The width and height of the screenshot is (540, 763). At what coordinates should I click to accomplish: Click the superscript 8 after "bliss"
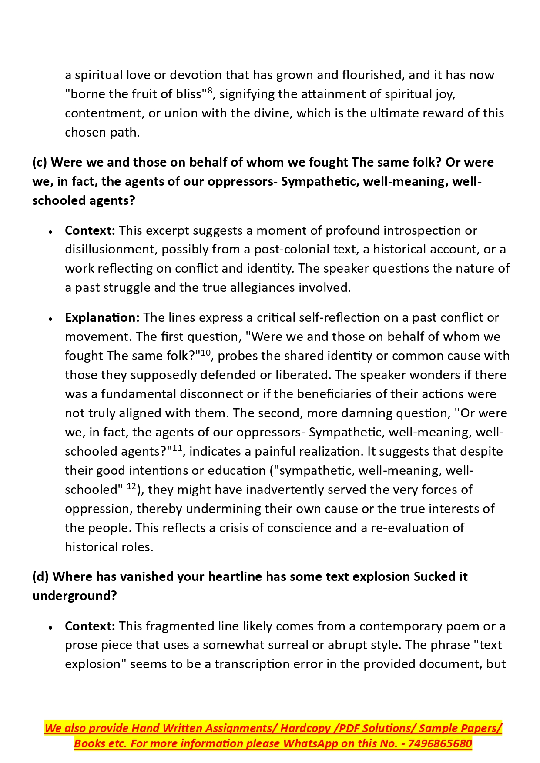(x=210, y=90)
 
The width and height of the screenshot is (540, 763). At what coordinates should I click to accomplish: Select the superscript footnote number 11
(x=178, y=448)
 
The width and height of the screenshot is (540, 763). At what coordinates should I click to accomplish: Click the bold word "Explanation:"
(x=102, y=317)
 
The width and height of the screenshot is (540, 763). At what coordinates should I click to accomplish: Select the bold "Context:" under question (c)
(x=90, y=230)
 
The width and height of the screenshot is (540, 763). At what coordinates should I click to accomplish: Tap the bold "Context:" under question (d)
(x=90, y=626)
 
